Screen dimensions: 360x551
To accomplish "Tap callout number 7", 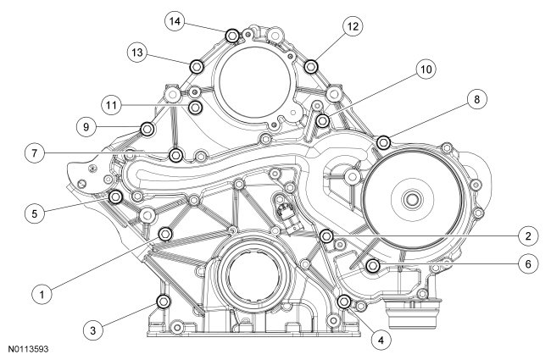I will click(x=34, y=153).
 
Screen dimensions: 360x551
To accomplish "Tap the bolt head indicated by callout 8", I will click(x=383, y=141).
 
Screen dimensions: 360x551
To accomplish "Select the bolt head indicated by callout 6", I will click(x=372, y=266).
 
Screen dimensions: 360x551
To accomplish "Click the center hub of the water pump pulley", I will click(x=411, y=200).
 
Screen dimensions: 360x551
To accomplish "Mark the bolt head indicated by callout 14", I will click(x=231, y=35).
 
